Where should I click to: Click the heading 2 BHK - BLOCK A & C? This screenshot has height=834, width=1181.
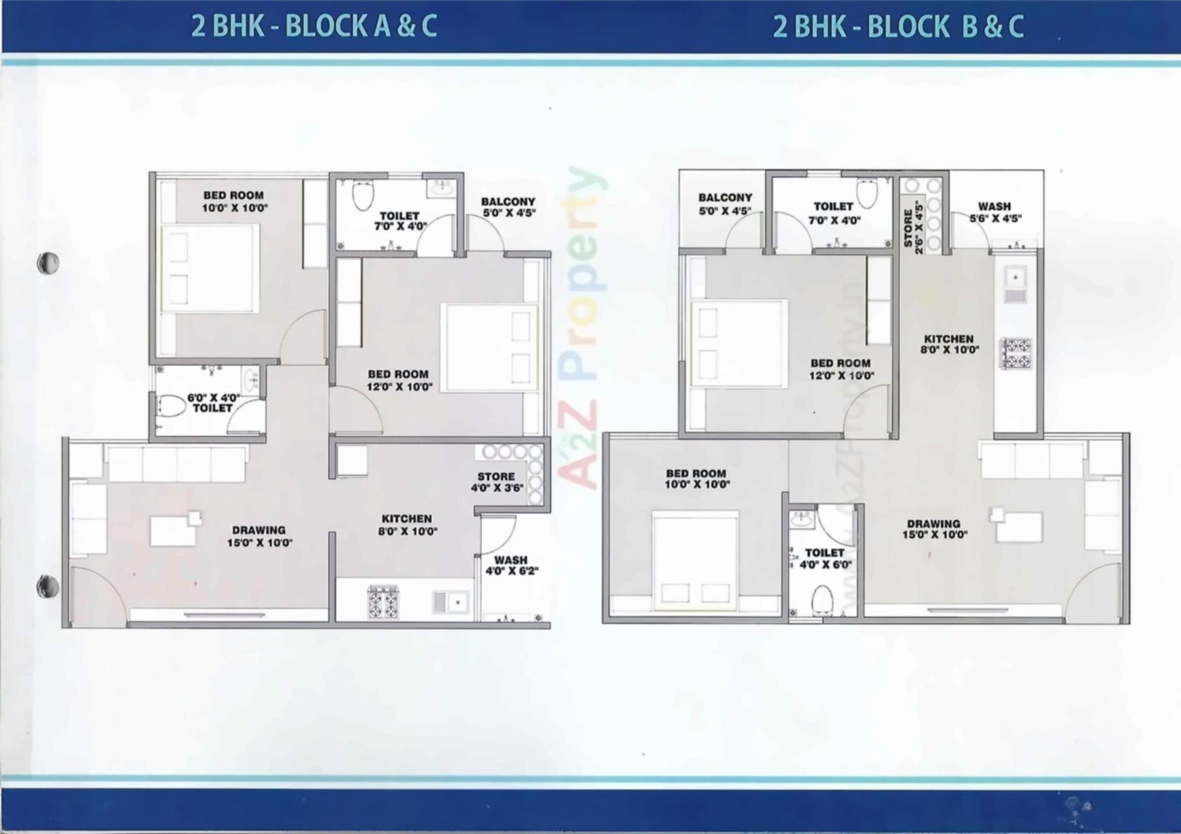click(x=314, y=27)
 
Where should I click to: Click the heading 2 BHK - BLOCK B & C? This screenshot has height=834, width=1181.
click(x=898, y=27)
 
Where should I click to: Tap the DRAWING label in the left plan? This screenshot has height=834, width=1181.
click(x=259, y=536)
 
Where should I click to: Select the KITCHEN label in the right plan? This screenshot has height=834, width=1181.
click(x=948, y=343)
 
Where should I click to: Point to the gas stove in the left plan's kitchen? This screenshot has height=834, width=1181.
click(x=383, y=602)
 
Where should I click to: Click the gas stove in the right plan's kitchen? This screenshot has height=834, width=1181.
click(x=1016, y=352)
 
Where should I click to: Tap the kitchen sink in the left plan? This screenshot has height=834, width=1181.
click(x=450, y=602)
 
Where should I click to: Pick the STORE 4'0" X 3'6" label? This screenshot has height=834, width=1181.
click(x=497, y=482)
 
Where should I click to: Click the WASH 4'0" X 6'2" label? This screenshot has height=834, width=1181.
click(x=511, y=566)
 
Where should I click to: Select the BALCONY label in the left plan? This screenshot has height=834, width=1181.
click(x=508, y=207)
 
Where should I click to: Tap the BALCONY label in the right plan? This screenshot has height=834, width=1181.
click(x=725, y=203)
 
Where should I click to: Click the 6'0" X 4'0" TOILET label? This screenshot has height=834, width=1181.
click(x=213, y=402)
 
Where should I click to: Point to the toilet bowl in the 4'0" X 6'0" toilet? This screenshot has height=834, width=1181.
click(x=823, y=599)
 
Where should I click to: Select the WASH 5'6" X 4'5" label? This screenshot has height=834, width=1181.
click(x=994, y=212)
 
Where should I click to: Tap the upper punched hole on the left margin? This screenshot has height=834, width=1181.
click(x=48, y=263)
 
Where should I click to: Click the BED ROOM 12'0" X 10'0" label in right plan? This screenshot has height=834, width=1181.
click(x=841, y=369)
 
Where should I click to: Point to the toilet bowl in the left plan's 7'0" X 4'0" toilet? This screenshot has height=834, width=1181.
click(x=362, y=194)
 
